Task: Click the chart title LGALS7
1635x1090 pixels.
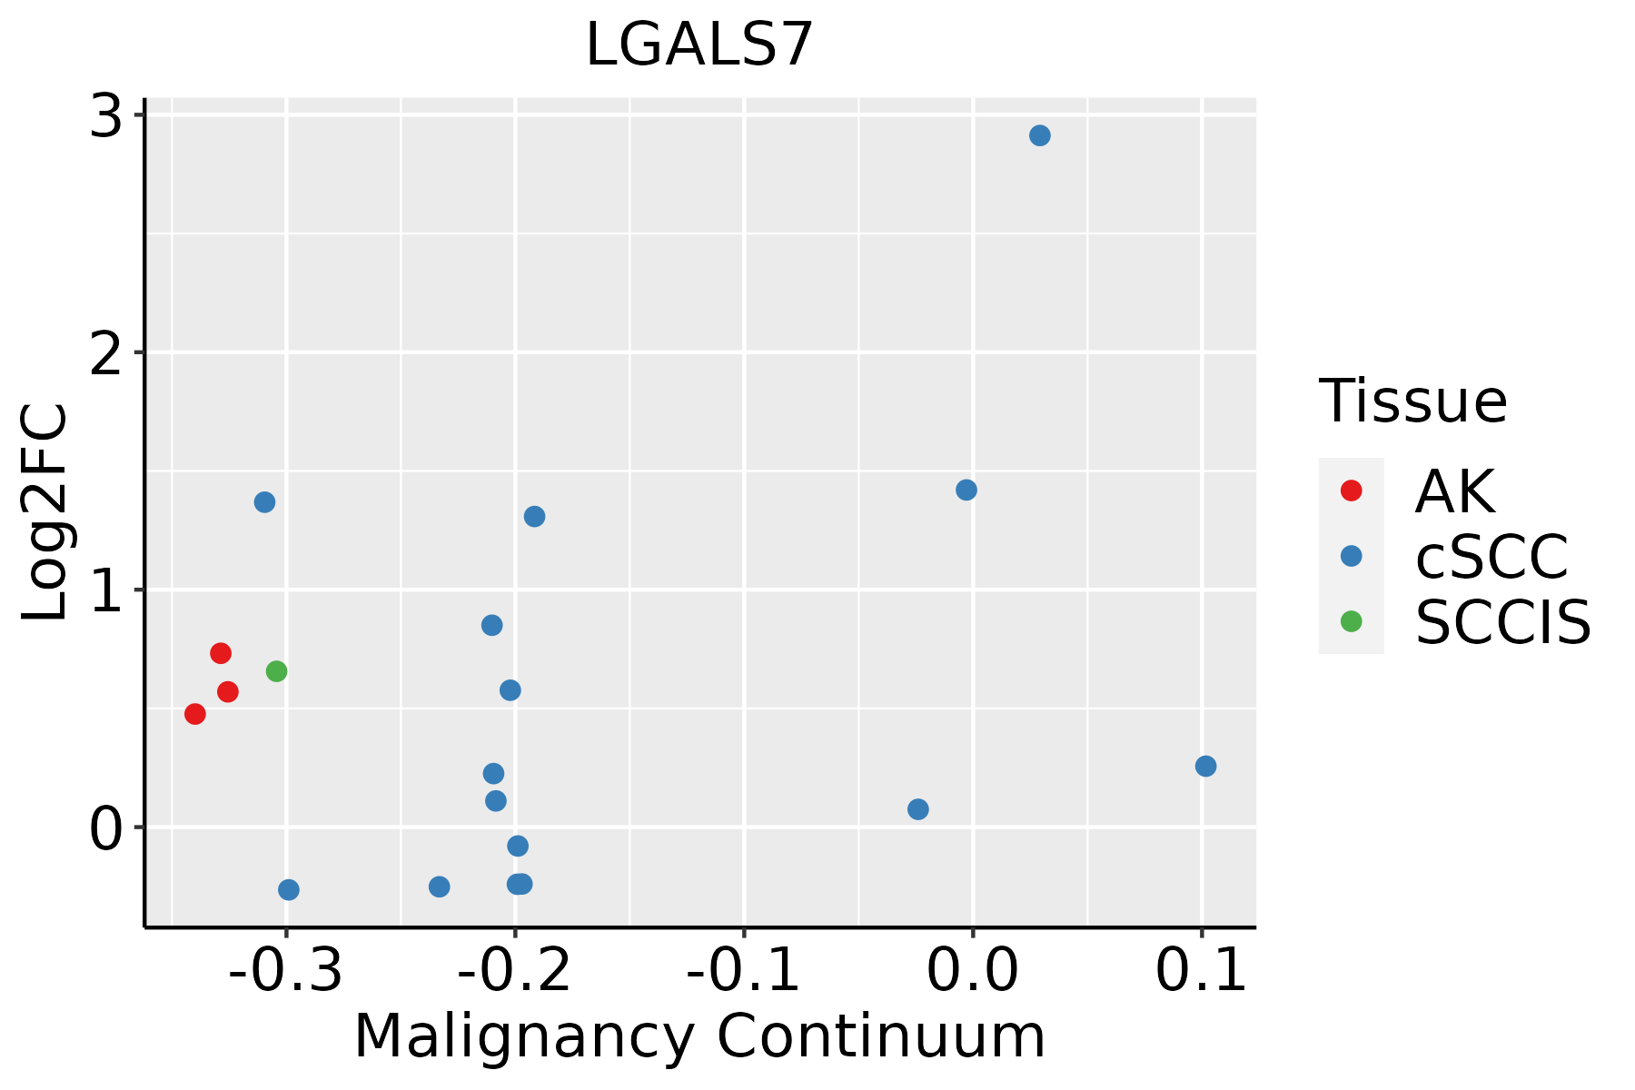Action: pyautogui.click(x=699, y=45)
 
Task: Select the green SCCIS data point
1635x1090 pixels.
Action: pyautogui.click(x=276, y=671)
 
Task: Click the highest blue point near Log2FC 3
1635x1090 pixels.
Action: pyautogui.click(x=1040, y=135)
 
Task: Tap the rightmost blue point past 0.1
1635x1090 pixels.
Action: pyautogui.click(x=1205, y=766)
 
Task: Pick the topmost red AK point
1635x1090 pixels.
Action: pyautogui.click(x=221, y=653)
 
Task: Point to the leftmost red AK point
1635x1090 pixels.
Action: pyautogui.click(x=195, y=714)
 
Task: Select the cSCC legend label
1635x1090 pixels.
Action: pyautogui.click(x=1491, y=557)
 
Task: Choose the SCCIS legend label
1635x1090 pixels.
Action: pyautogui.click(x=1502, y=622)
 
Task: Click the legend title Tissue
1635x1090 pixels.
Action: pyautogui.click(x=1412, y=401)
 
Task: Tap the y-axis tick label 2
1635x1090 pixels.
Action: pyautogui.click(x=106, y=354)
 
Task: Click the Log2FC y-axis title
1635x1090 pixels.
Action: pyautogui.click(x=45, y=513)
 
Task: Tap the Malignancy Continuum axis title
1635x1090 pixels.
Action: pyautogui.click(x=699, y=1037)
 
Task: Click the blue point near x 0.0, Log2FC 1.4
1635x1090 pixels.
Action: pyautogui.click(x=966, y=490)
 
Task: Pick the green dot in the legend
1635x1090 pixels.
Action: pyautogui.click(x=1351, y=621)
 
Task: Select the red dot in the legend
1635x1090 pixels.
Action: pyautogui.click(x=1351, y=490)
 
